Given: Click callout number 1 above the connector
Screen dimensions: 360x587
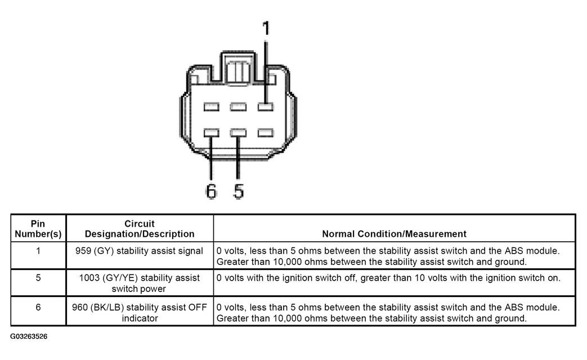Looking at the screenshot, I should click(266, 28).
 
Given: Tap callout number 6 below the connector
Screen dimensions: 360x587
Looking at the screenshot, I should click(211, 191).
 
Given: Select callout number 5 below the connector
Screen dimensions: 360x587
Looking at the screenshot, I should click(239, 191).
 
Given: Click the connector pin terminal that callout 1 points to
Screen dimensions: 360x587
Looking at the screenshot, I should click(265, 106).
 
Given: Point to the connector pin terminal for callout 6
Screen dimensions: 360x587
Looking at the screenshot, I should click(211, 133).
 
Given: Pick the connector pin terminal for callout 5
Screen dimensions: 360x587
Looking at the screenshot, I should click(238, 133).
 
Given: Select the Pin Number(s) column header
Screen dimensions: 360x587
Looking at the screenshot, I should click(38, 228).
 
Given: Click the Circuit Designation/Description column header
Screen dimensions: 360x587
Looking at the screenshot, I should click(140, 228).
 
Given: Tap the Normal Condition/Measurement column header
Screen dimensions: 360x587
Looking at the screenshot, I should click(394, 233).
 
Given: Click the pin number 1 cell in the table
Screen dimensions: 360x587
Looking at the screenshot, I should click(38, 251).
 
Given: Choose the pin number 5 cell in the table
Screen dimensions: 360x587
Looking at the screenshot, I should click(38, 278).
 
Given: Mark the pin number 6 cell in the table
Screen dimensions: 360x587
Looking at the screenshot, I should click(38, 307).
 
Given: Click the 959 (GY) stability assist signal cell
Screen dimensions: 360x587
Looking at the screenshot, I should click(140, 251).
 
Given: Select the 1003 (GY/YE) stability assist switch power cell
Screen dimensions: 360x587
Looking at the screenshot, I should click(140, 283).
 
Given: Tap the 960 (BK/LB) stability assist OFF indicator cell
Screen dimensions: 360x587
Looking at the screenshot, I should click(140, 312).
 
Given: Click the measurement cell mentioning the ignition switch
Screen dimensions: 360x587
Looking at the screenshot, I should click(388, 278).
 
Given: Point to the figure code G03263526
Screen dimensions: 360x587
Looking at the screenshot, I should click(29, 336).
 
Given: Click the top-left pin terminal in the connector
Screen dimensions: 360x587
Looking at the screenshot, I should click(211, 106).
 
